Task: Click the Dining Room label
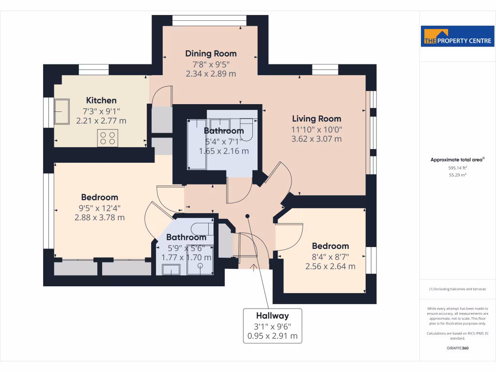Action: coord(211,53)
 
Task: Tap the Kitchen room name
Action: coord(101,100)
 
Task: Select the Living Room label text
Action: coord(316,118)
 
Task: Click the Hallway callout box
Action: coord(272,325)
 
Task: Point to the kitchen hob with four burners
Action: coord(108,139)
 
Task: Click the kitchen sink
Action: coord(62,111)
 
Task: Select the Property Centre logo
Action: coord(457,36)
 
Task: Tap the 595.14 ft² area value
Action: coord(457,168)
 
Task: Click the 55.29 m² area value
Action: coord(457,175)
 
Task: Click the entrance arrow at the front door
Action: coord(253,265)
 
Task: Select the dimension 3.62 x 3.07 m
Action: coord(316,139)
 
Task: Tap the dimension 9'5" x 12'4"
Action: coord(99,208)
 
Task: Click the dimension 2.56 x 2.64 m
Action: coord(330,266)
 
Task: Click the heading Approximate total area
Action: coord(457,159)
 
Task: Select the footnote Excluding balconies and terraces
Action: coord(457,289)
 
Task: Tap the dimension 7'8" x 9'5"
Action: coord(211,64)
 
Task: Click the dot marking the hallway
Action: coord(248,216)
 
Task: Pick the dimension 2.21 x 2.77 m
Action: coord(101,121)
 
